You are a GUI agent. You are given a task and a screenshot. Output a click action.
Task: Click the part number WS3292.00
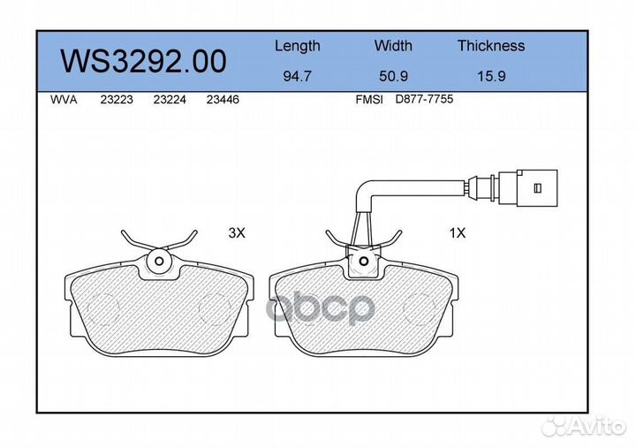point(143,61)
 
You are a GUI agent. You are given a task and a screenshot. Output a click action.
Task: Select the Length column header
point(298,46)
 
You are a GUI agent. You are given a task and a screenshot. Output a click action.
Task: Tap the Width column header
point(393,45)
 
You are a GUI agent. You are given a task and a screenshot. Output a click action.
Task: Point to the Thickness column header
point(491,45)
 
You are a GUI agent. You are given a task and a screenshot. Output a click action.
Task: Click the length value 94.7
point(298,76)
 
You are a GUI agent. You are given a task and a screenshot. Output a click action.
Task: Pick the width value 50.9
point(393,76)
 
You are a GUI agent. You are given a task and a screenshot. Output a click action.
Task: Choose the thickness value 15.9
point(491,76)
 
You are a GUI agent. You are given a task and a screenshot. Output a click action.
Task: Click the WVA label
point(64,100)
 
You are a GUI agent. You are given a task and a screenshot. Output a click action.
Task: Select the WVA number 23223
point(117,100)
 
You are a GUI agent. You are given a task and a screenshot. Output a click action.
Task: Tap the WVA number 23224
point(170,100)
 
